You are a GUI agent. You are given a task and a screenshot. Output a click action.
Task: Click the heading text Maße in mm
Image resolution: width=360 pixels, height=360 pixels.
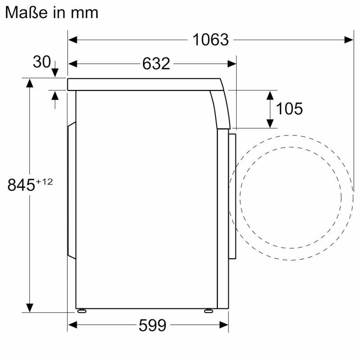[x=52, y=13]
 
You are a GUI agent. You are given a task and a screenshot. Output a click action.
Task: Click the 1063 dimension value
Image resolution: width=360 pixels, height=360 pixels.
[x=211, y=40]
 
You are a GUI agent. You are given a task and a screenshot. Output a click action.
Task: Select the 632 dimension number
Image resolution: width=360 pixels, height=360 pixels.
[x=156, y=63]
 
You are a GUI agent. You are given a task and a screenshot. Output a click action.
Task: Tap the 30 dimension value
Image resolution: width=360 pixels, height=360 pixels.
[x=41, y=62]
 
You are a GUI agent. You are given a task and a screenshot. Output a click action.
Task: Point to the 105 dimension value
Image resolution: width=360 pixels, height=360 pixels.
[x=289, y=108]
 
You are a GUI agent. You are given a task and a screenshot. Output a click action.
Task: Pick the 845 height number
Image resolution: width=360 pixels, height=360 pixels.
[x=21, y=185]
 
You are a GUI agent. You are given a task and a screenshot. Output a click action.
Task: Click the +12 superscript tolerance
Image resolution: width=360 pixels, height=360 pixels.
[x=44, y=182]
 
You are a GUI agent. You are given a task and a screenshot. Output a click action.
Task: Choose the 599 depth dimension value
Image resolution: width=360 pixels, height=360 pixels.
[x=153, y=325]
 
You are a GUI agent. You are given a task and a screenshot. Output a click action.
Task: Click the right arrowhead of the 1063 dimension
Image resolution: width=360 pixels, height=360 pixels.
[x=349, y=40]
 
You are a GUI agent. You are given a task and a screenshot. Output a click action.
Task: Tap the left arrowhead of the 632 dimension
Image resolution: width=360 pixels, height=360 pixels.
[x=72, y=64]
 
